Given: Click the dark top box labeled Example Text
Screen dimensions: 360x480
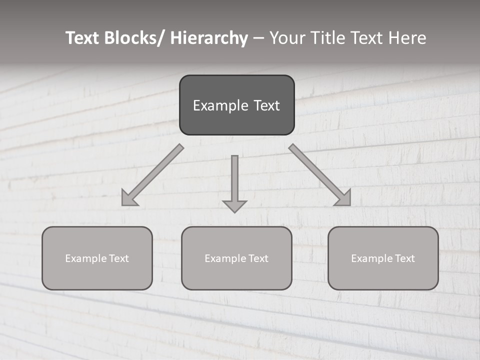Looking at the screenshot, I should pos(236,105).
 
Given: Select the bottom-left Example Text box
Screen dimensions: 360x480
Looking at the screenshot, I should pos(97,258).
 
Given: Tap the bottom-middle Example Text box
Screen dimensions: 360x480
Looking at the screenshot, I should pos(236,258).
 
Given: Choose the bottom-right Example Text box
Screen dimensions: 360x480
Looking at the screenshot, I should pos(383,258).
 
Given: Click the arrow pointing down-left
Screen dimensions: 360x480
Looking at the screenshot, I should pos(152,175).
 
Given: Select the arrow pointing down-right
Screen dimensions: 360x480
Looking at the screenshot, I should pos(320,175).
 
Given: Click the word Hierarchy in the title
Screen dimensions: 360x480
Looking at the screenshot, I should pos(209,38).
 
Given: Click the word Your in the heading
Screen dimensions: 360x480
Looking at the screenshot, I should pos(285,38).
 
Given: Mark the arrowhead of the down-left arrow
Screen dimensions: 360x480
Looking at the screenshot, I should pos(129,198).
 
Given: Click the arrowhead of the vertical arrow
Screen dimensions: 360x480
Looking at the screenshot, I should pos(234,206).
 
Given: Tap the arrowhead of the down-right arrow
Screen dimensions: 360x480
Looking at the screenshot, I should pos(343,198).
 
